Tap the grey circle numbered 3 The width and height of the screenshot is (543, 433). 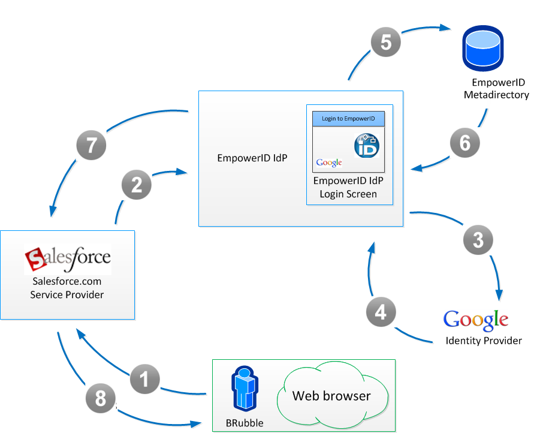(x=478, y=240)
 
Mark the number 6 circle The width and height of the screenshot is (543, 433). (x=465, y=143)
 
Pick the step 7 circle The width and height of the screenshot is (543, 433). (x=92, y=145)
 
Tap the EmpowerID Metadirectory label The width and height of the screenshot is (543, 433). (x=496, y=89)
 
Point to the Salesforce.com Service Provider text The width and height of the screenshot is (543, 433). (x=67, y=288)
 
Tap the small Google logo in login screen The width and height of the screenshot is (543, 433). (x=329, y=163)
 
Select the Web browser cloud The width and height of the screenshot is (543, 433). (x=331, y=396)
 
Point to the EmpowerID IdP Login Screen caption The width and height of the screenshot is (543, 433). (x=348, y=187)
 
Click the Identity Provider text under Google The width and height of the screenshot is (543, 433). (x=484, y=341)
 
